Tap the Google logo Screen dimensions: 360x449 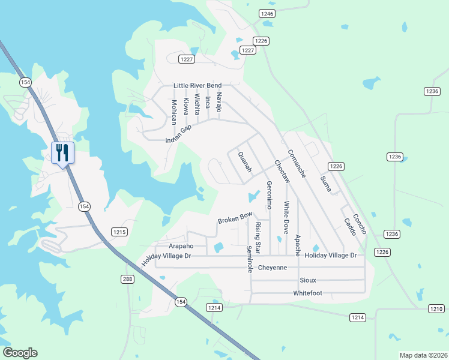pos(20,353)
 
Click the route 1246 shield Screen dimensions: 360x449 pos(267,13)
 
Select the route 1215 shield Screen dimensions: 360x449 pos(119,232)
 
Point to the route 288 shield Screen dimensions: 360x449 pos(127,279)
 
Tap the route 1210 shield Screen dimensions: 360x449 pos(436,308)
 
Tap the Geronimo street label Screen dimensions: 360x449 pos(269,195)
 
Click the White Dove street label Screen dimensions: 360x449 pos(286,217)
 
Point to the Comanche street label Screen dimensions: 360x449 pos(297,163)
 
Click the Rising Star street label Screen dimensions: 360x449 pos(258,237)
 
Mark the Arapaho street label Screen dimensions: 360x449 pos(181,246)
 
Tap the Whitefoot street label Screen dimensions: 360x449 pos(307,293)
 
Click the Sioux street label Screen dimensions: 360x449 pos(307,280)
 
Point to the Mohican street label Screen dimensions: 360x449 pos(174,112)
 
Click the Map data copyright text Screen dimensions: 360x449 pos(423,355)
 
